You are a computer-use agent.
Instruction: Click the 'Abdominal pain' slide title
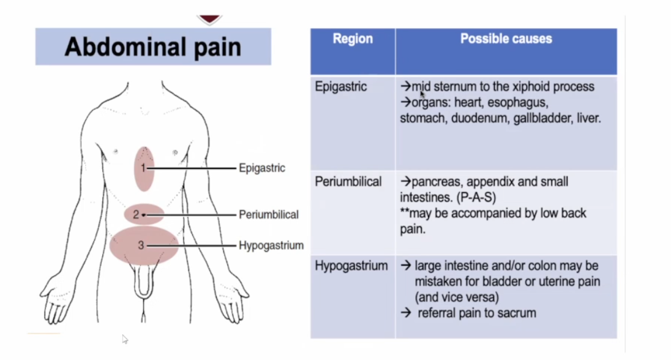153,47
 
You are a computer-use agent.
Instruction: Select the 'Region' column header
353,39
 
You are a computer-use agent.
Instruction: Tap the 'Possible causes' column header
506,39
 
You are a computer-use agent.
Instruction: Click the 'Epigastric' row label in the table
341,86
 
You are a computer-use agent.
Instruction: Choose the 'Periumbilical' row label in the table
348,181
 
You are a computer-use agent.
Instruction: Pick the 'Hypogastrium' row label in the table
351,266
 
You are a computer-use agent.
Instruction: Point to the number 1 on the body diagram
143,167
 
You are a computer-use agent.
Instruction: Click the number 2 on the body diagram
137,214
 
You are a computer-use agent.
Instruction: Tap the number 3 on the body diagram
141,245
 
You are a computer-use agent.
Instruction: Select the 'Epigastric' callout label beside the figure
262,168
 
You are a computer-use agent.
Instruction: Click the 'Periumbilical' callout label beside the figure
269,214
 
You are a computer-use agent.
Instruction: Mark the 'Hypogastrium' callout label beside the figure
271,246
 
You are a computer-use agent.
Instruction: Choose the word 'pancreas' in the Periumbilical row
434,181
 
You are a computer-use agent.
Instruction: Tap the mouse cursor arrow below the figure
125,339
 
